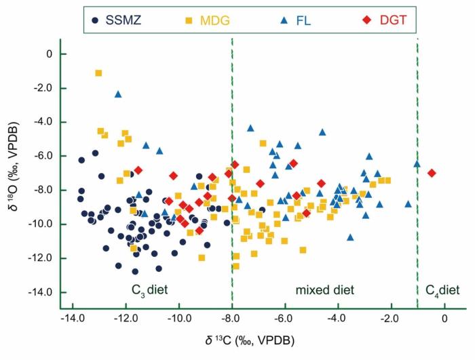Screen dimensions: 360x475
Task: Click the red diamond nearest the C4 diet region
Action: pos(432,173)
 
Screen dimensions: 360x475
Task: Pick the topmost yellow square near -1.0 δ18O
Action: pos(98,73)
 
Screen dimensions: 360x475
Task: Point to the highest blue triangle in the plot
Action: pos(118,94)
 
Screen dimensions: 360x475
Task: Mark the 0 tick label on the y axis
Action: pos(47,54)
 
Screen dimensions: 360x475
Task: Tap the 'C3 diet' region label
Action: pos(149,290)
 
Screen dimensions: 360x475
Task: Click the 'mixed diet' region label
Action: pos(324,290)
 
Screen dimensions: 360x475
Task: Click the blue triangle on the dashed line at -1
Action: pos(417,163)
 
